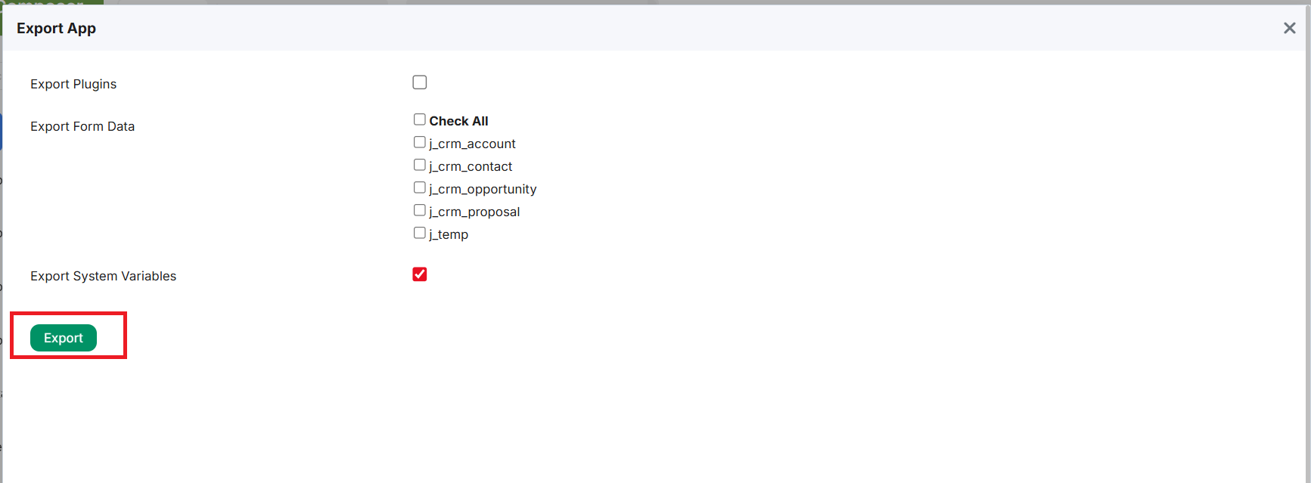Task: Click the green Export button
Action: point(64,338)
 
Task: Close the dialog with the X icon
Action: point(1290,28)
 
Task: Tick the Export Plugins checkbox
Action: point(420,82)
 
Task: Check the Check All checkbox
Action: point(420,119)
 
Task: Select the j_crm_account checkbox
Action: point(420,142)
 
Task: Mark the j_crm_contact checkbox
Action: point(420,165)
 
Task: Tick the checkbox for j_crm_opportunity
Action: point(420,187)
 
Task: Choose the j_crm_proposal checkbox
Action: point(420,210)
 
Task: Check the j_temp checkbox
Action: point(420,233)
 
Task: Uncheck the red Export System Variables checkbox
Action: point(420,274)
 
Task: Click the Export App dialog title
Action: point(57,28)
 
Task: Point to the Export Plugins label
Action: point(73,84)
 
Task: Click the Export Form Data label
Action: point(82,126)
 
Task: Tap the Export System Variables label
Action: point(103,276)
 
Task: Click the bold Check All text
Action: point(459,121)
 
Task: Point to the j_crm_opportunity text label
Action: point(483,189)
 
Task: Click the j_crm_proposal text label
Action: point(474,212)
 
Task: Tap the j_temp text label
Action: point(449,234)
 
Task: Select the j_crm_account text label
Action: point(472,144)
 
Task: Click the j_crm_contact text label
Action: point(471,166)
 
